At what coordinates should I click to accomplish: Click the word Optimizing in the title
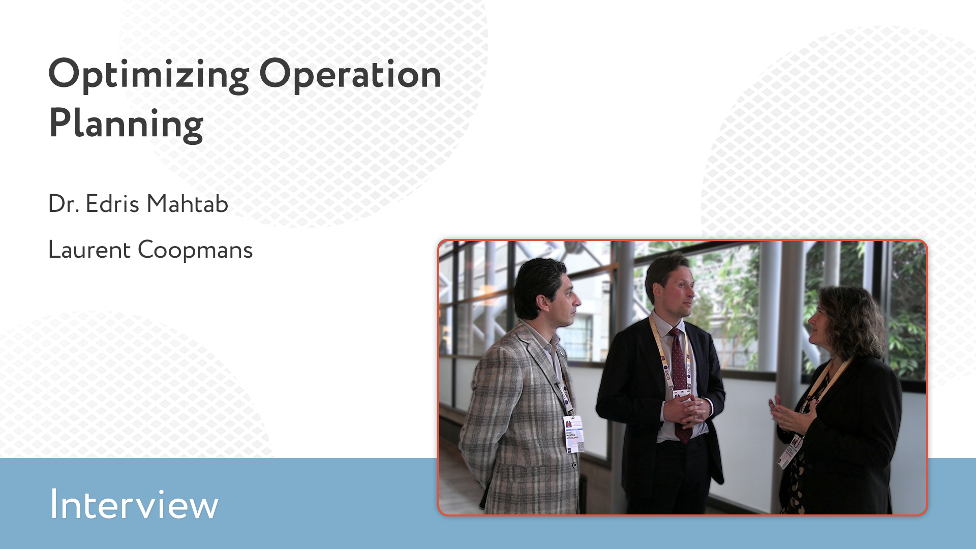[x=148, y=76]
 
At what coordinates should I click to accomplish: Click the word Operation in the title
[x=350, y=75]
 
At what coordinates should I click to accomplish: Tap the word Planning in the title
[x=126, y=124]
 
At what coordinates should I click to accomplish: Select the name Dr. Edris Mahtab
[x=138, y=204]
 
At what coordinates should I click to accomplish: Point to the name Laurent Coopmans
[x=150, y=250]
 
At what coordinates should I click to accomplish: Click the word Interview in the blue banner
[x=134, y=504]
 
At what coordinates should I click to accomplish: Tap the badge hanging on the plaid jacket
[x=574, y=434]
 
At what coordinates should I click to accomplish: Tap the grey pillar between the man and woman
[x=771, y=356]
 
